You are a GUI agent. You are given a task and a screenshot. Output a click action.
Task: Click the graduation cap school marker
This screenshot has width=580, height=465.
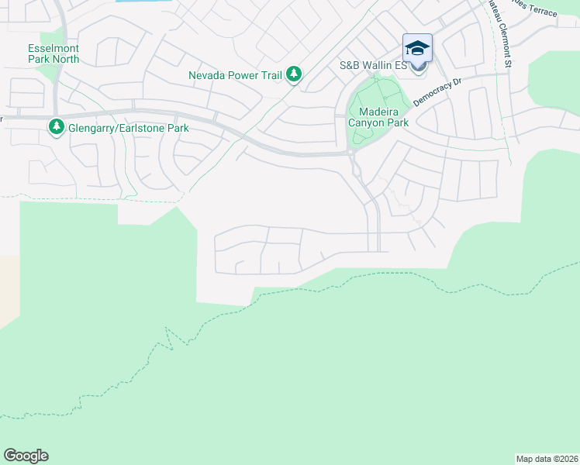pyautogui.click(x=417, y=48)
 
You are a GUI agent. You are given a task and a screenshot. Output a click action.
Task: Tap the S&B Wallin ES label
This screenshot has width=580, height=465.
pyautogui.click(x=373, y=67)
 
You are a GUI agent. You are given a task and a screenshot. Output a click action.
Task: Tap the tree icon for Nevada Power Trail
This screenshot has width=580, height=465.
pyautogui.click(x=294, y=74)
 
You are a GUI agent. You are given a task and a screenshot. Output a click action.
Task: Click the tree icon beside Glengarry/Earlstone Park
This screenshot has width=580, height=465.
pyautogui.click(x=56, y=126)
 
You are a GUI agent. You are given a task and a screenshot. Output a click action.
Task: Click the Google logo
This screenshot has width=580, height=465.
pyautogui.click(x=26, y=456)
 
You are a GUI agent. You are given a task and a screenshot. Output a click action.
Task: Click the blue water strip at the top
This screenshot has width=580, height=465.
pyautogui.click(x=143, y=2)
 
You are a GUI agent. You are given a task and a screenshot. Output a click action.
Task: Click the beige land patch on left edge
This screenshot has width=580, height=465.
pyautogui.click(x=8, y=291)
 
